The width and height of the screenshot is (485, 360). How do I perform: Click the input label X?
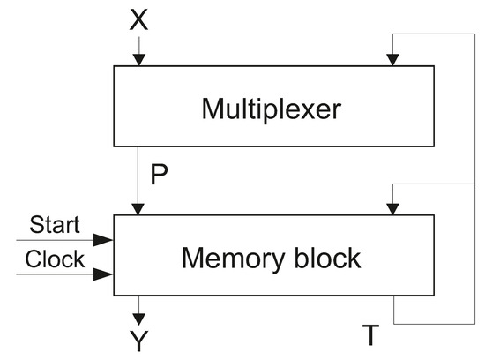point(138,20)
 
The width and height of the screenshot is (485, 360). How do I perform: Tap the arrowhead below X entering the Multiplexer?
point(138,59)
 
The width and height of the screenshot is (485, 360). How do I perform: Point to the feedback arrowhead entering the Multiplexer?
point(393,59)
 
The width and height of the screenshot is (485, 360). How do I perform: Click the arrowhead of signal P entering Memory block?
point(138,208)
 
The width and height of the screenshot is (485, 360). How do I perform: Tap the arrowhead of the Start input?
point(107,239)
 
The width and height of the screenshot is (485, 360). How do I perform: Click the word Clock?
point(55,259)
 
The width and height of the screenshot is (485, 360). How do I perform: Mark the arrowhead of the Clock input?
point(107,274)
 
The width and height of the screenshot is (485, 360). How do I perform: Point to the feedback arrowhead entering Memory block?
point(393,208)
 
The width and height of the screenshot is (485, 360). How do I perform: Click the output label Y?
point(138,341)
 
